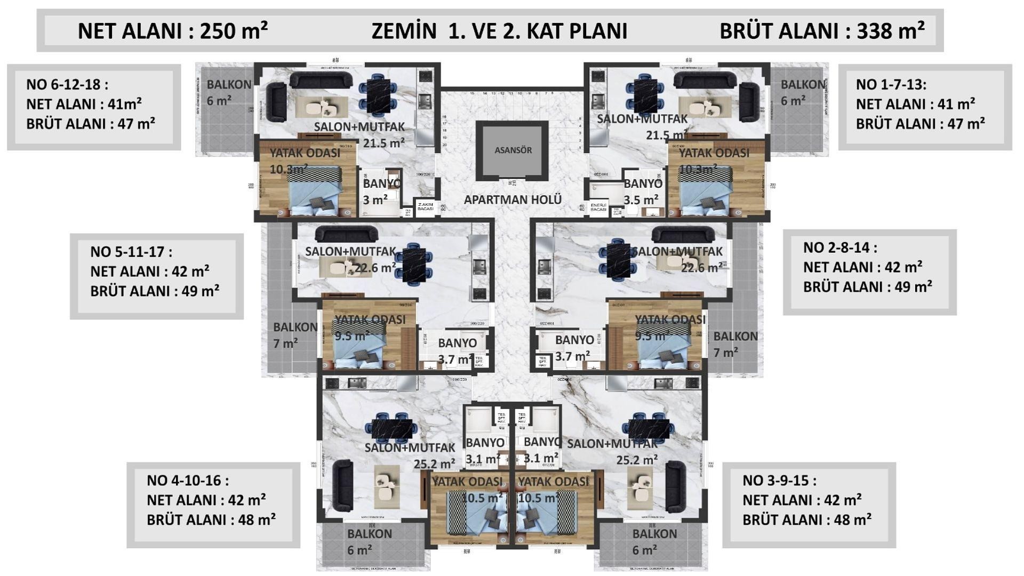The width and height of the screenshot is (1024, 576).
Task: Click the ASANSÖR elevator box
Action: pyautogui.click(x=513, y=150)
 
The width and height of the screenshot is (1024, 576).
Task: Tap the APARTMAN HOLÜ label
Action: pyautogui.click(x=513, y=200)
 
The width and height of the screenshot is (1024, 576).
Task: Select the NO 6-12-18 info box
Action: pyautogui.click(x=94, y=107)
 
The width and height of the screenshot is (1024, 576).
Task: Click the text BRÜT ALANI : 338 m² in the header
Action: pyautogui.click(x=822, y=31)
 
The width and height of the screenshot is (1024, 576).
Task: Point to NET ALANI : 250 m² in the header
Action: pyautogui.click(x=172, y=31)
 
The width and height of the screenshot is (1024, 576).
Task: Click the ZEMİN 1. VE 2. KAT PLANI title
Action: pyautogui.click(x=499, y=31)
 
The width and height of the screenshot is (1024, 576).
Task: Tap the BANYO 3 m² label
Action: pyautogui.click(x=381, y=191)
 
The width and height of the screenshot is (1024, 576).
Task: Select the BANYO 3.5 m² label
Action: pyautogui.click(x=642, y=191)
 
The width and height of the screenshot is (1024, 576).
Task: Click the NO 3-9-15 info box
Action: pyautogui.click(x=809, y=505)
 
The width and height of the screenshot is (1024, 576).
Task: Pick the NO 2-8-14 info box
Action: pyautogui.click(x=869, y=272)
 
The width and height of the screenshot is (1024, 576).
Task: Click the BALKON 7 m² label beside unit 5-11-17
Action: pyautogui.click(x=294, y=335)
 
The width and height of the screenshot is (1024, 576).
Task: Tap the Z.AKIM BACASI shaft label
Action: pyautogui.click(x=426, y=207)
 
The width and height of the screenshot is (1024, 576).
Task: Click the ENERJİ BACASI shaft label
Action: pyautogui.click(x=599, y=207)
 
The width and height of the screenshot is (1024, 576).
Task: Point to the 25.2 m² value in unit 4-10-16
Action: pyautogui.click(x=434, y=465)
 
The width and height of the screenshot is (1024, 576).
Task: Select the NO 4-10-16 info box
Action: pyautogui.click(x=213, y=505)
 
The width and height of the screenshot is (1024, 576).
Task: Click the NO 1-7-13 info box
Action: pyautogui.click(x=924, y=107)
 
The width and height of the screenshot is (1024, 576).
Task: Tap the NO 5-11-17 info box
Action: pyautogui.click(x=156, y=276)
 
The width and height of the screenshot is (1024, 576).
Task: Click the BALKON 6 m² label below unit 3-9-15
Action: pyautogui.click(x=654, y=541)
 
